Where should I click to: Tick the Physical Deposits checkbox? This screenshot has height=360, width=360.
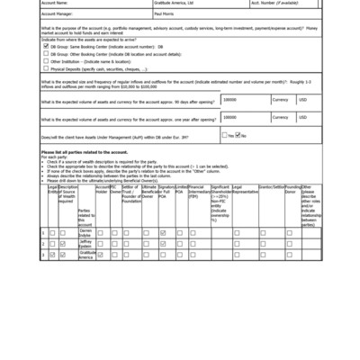(x=46, y=67)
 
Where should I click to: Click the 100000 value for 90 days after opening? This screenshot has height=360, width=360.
(x=230, y=100)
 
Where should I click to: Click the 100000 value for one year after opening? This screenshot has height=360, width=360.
(x=230, y=117)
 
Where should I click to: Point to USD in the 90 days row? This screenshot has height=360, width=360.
(x=303, y=100)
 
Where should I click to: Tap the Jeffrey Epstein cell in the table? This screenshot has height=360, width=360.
(x=85, y=243)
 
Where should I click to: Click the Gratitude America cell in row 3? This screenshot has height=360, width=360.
(x=86, y=255)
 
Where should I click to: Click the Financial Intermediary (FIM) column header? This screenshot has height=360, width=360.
(x=198, y=192)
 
